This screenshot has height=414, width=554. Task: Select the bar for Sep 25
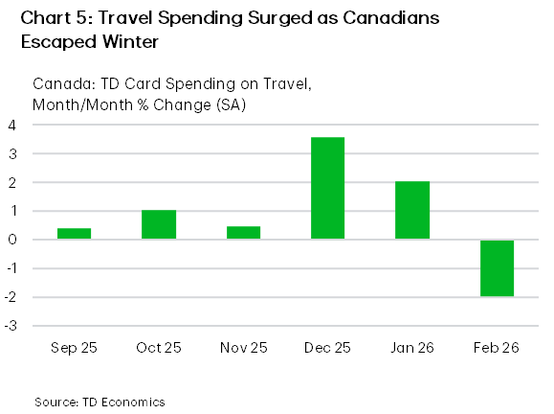tap(74, 233)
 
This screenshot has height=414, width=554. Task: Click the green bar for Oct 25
tap(158, 224)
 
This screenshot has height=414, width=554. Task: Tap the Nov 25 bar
tap(243, 232)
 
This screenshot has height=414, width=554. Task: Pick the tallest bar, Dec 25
tap(327, 188)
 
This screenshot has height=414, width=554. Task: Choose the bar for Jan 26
tap(412, 210)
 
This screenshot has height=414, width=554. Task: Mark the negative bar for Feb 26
tap(497, 267)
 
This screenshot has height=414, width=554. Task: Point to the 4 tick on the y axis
tap(13, 125)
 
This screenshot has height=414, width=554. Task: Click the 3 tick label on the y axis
tap(13, 153)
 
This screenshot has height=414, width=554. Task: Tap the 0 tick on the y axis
tap(13, 240)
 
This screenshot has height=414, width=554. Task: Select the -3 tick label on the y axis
tap(11, 326)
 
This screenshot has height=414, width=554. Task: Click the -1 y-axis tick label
tap(11, 268)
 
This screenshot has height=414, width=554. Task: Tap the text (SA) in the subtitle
tap(231, 103)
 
